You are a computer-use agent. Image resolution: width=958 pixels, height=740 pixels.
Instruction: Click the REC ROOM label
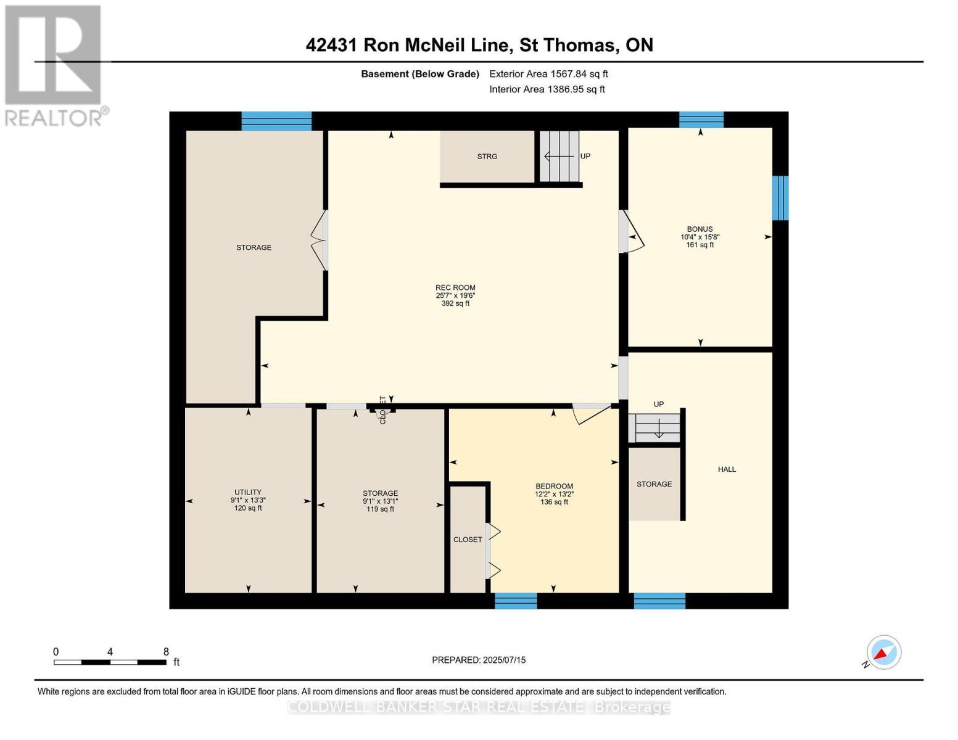455,288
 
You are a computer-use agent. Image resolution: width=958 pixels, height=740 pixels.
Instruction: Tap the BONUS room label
700,229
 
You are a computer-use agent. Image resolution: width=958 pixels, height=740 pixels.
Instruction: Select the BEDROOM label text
554,487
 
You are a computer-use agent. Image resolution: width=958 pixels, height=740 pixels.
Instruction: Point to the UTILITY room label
248,493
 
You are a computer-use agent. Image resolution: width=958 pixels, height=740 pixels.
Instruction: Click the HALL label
727,469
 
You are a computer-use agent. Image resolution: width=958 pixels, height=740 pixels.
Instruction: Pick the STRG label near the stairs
487,157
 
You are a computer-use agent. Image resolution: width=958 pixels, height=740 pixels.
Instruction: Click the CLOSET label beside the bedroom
468,540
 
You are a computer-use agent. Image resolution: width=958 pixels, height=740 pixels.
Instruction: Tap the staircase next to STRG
560,157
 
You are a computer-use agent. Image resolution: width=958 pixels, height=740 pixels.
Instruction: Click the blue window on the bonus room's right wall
780,198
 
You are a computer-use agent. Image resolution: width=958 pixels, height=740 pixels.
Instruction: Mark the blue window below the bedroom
516,601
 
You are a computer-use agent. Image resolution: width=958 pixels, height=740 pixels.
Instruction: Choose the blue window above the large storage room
276,121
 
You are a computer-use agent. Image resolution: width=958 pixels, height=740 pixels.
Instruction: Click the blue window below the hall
659,601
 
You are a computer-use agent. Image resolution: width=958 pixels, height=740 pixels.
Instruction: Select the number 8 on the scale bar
166,652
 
